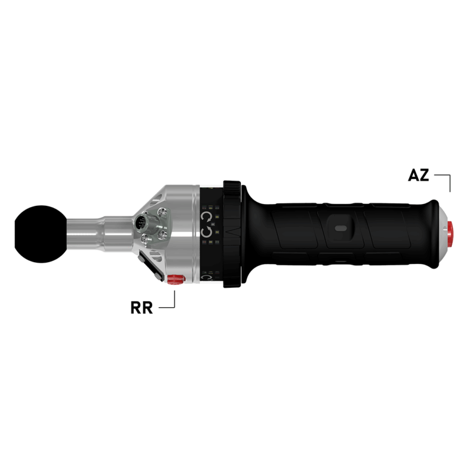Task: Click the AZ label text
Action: (x=418, y=175)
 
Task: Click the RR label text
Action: (x=142, y=308)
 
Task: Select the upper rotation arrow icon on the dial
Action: (x=206, y=218)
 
